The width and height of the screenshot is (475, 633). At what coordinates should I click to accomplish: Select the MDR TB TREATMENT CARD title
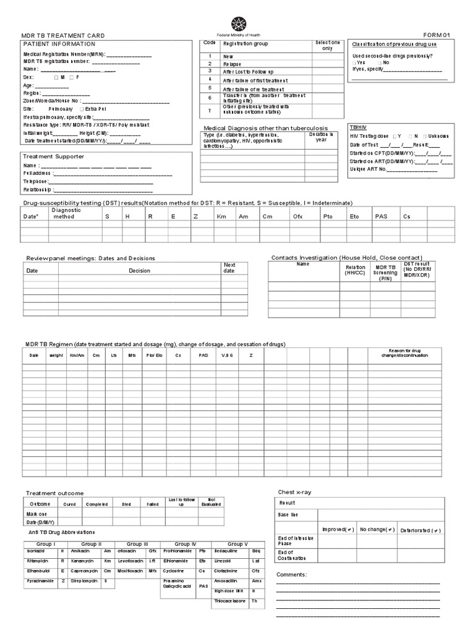(64, 36)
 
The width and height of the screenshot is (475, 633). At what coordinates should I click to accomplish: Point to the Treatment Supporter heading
(53, 156)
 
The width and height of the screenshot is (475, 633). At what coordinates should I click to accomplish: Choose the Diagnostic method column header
(67, 213)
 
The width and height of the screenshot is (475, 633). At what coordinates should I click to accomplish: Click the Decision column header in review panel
(139, 271)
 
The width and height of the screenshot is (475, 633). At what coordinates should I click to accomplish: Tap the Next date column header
(229, 268)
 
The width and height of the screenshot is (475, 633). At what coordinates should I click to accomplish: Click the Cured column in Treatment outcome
(70, 504)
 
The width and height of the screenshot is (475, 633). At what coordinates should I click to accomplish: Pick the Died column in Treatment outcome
(126, 504)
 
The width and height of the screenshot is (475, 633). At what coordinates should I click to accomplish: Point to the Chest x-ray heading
(294, 492)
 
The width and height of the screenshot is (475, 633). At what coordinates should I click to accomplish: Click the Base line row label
(288, 514)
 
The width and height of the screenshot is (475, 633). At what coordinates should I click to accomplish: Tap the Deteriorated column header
(420, 530)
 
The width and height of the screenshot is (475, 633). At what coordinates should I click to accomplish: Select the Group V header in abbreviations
(237, 543)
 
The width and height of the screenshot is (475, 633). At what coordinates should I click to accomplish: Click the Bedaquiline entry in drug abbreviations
(228, 550)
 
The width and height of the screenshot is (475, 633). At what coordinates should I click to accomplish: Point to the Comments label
(291, 574)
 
